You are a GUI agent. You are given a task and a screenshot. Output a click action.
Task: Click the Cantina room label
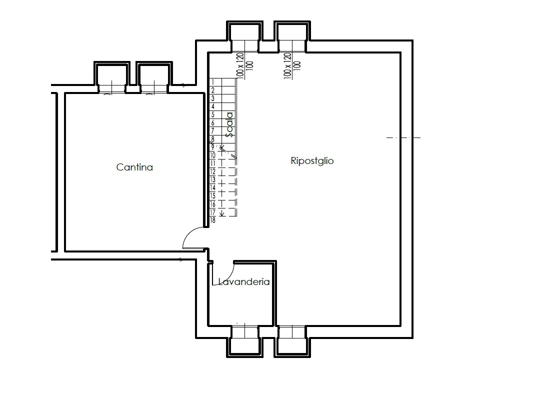(134, 167)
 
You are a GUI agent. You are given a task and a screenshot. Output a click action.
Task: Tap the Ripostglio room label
(312, 161)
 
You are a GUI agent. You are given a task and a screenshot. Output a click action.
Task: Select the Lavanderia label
(244, 281)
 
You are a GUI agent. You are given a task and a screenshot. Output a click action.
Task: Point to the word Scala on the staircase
(229, 124)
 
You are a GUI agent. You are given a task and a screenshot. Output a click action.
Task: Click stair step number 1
(213, 82)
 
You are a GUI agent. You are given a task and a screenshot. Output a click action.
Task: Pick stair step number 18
(212, 220)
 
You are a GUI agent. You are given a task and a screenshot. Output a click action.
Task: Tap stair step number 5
(213, 115)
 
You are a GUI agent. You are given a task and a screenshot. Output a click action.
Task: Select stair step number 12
(212, 171)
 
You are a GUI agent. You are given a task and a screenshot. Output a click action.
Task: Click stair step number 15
(212, 196)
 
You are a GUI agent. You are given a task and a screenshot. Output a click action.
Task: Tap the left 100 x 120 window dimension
(239, 65)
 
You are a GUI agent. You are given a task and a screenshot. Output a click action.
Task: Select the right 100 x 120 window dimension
(287, 65)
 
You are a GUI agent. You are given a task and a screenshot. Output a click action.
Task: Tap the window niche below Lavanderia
(244, 341)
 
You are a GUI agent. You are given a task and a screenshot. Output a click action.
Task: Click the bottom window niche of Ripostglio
(292, 341)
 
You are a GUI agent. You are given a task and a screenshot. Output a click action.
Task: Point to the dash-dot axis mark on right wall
(403, 138)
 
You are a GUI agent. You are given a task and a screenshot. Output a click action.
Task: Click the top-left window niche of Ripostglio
(244, 37)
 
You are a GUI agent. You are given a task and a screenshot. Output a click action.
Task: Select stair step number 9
(213, 147)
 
